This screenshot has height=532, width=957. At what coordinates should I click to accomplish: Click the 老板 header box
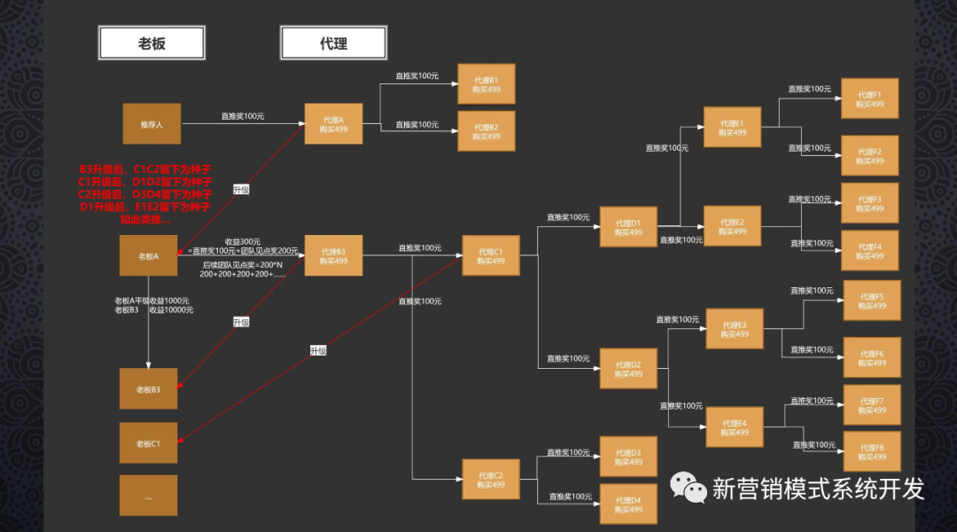coord(152,43)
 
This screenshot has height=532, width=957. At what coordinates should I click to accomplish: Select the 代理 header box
coord(333,43)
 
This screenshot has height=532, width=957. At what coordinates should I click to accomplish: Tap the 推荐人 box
coord(151,124)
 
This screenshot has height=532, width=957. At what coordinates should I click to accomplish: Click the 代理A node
coord(333,124)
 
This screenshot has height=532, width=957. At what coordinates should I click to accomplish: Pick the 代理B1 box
coord(486,84)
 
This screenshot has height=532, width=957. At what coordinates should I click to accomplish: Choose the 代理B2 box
coord(486,131)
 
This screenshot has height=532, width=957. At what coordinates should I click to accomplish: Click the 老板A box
coord(148,255)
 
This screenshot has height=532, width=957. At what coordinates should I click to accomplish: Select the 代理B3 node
coord(333,255)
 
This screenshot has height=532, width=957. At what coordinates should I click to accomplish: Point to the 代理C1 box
coord(490,255)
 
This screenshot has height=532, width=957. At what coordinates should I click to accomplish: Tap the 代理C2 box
coord(490,480)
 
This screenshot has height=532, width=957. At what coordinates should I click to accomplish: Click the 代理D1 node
coord(628,227)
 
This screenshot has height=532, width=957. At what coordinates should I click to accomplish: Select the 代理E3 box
coord(734,329)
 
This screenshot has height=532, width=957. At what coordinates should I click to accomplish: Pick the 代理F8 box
coord(872,451)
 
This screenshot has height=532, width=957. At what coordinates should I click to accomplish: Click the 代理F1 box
coord(869,98)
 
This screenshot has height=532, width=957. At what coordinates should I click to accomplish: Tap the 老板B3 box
coord(148,389)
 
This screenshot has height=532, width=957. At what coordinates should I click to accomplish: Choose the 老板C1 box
coord(148,442)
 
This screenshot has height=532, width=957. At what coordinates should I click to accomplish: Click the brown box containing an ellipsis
coord(148,496)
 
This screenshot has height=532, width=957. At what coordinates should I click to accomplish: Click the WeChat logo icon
coord(688,487)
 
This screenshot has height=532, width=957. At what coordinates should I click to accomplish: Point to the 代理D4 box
coord(628,505)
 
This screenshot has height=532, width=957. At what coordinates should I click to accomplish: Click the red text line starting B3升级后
coord(145,168)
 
